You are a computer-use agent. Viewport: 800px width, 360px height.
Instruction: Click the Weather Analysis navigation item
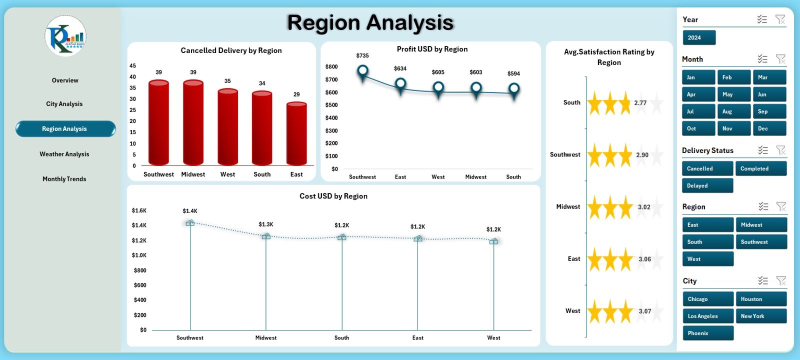64,154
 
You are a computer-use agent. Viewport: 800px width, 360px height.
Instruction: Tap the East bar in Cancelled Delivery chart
296,134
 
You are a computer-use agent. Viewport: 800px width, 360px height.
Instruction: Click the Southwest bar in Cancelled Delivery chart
158,122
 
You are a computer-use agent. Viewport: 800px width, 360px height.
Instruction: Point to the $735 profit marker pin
363,71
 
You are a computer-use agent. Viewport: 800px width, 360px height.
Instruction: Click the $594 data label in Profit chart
513,73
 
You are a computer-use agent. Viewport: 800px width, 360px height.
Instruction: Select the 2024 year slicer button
699,37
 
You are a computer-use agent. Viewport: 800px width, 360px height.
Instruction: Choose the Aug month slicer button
734,111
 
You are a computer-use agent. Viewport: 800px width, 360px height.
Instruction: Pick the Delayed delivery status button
707,185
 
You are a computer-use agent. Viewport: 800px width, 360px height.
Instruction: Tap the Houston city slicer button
760,299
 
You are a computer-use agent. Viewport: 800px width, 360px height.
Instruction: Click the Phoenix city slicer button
707,333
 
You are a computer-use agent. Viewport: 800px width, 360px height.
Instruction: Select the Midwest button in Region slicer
760,225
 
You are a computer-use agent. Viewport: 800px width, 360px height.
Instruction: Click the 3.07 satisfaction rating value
645,311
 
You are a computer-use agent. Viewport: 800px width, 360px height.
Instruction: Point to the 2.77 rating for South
640,103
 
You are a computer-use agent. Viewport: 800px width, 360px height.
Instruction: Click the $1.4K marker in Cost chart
190,223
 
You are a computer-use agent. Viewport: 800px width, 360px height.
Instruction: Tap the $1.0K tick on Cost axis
139,255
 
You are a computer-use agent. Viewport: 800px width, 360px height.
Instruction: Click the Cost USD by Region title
333,196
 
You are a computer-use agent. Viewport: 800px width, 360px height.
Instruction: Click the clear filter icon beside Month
780,59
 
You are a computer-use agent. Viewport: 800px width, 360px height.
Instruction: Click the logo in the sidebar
65,36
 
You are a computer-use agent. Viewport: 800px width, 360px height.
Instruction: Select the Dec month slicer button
769,128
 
